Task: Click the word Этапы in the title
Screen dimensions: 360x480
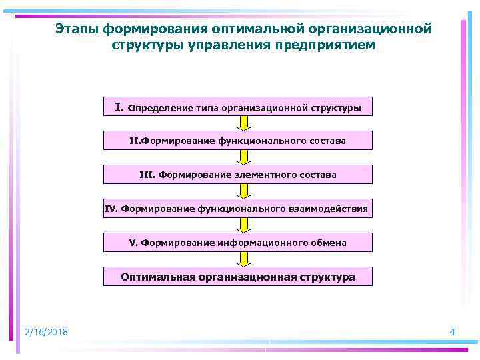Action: click(x=75, y=29)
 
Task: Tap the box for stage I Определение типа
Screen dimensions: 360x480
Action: click(x=238, y=107)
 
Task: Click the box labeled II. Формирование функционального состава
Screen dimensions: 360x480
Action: click(x=238, y=141)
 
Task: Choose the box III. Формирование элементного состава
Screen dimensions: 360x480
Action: click(x=238, y=175)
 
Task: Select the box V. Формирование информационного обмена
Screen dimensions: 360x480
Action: click(x=238, y=243)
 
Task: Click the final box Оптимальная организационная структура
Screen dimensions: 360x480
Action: click(x=238, y=277)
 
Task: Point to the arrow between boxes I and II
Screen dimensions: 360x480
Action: click(x=245, y=123)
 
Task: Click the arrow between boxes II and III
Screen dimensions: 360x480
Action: click(x=245, y=157)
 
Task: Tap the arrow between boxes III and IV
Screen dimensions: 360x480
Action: click(x=245, y=191)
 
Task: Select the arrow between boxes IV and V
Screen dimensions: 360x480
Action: click(x=245, y=225)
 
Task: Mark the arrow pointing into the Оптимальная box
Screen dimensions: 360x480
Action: click(x=245, y=259)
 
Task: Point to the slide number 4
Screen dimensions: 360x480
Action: click(x=453, y=332)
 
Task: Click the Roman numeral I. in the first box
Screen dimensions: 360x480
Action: click(x=119, y=107)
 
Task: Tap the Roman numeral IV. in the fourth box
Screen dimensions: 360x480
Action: click(x=112, y=209)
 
